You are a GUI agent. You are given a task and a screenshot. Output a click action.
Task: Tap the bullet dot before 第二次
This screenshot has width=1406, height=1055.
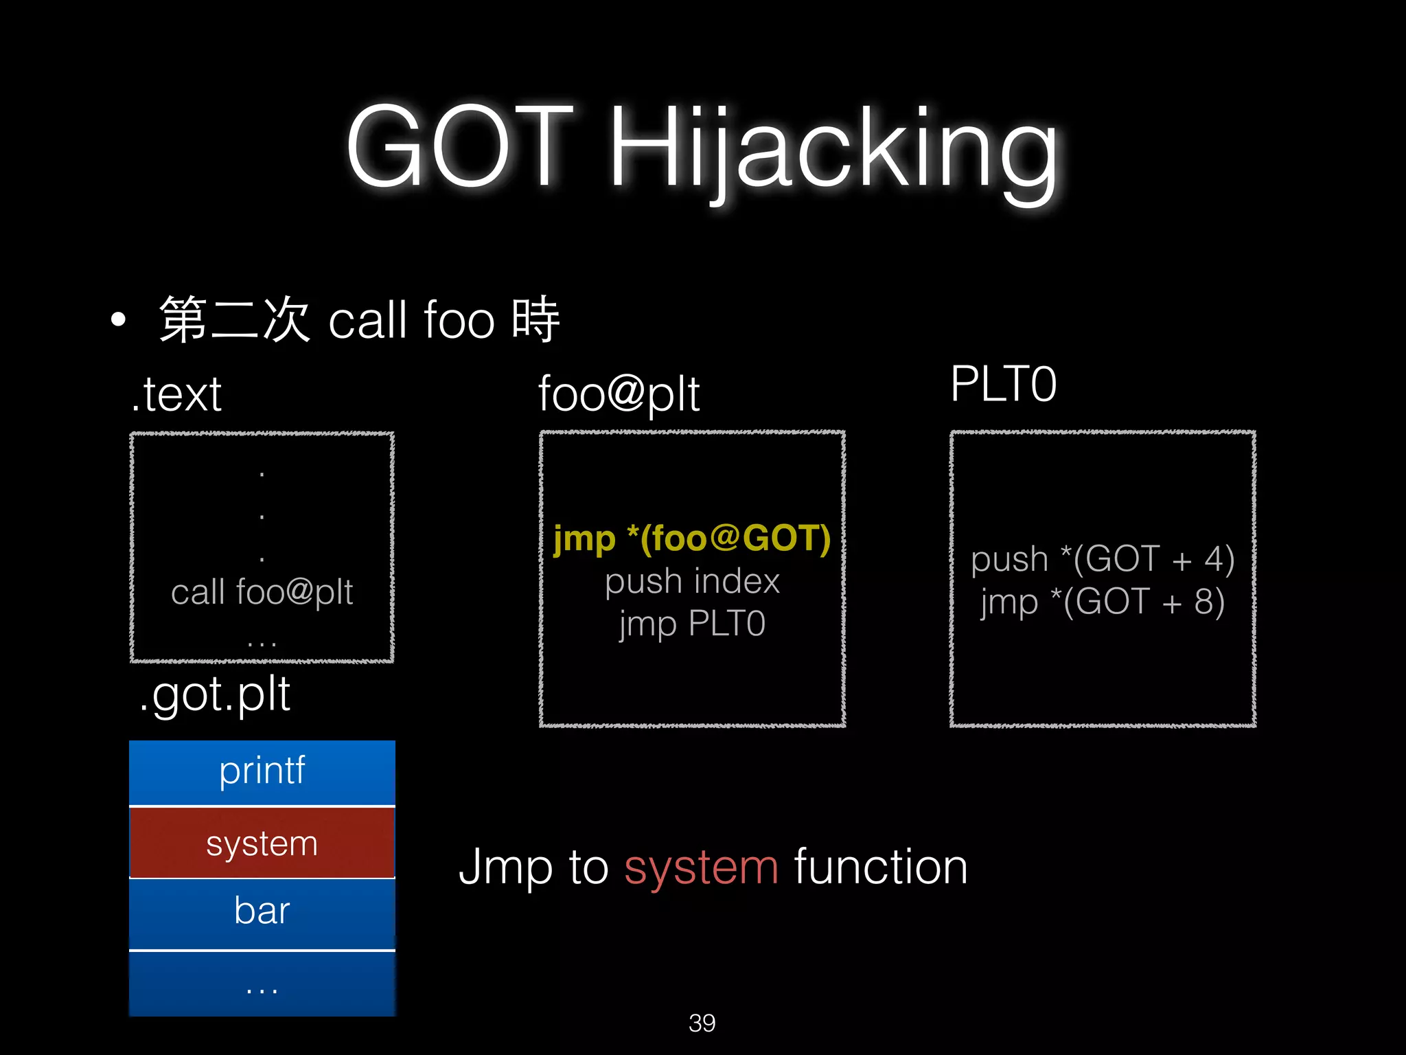[x=119, y=319]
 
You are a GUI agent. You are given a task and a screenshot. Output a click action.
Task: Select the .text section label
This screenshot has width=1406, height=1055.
[x=177, y=394]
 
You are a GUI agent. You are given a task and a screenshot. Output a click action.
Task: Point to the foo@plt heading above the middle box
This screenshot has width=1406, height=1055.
[x=619, y=394]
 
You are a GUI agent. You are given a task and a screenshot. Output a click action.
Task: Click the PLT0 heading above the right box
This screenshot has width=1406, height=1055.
[x=1003, y=384]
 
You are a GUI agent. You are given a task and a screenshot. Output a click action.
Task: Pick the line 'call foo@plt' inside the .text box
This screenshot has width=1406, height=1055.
[x=262, y=592]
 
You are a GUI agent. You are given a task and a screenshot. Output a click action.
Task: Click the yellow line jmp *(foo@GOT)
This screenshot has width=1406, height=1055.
[x=692, y=538]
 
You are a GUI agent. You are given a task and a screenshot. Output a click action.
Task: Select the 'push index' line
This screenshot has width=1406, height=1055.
[x=692, y=581]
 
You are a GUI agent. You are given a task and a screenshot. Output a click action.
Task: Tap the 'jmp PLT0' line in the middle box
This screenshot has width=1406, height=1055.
[x=692, y=624]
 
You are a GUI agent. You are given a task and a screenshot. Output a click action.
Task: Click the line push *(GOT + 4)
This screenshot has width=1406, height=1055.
[x=1103, y=558]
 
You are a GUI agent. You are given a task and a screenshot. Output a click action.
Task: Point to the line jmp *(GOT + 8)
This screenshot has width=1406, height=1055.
[x=1103, y=602]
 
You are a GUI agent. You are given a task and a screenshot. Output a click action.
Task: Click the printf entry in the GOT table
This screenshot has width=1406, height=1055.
[x=262, y=771]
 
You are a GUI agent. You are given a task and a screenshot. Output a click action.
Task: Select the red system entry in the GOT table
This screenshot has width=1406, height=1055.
[x=262, y=843]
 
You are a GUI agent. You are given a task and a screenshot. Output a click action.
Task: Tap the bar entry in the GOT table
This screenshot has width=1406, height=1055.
[x=262, y=911]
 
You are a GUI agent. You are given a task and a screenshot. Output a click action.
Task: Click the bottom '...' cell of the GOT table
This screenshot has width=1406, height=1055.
[x=262, y=986]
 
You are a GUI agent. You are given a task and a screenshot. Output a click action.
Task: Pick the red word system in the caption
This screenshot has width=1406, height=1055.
[x=701, y=867]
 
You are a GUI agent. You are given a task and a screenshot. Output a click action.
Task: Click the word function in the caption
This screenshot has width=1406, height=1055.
[x=881, y=867]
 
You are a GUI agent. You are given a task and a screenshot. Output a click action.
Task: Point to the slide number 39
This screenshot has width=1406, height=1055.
[x=702, y=1023]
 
